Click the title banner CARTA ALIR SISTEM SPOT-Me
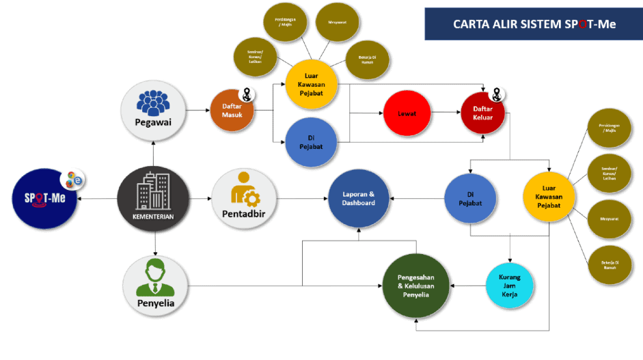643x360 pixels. coord(534,24)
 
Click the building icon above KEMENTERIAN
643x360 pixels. coord(153,191)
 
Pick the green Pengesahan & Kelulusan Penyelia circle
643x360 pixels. coord(415,286)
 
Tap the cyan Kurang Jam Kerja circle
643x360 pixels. coord(509,286)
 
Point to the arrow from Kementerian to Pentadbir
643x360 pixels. coord(200,198)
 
